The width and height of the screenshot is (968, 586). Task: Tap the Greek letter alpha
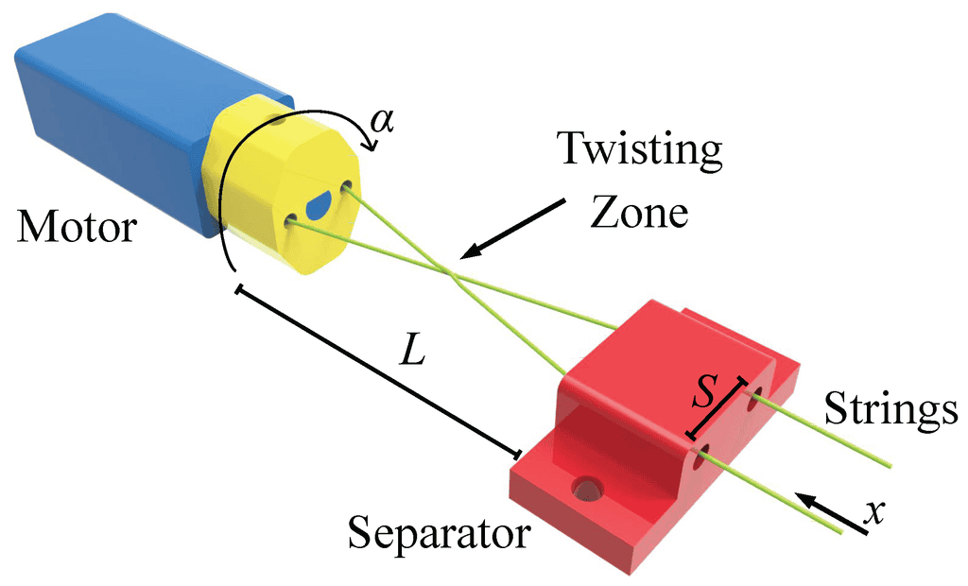coord(382,122)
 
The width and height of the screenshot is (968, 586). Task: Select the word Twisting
coord(639,149)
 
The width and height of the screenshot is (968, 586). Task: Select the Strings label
coord(890,409)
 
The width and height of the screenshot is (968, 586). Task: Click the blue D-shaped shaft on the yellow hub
coord(320,203)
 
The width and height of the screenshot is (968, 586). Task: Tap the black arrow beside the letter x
coord(832,513)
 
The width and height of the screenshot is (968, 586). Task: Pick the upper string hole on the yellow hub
coord(347,185)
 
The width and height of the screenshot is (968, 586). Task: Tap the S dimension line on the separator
coord(717,408)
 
